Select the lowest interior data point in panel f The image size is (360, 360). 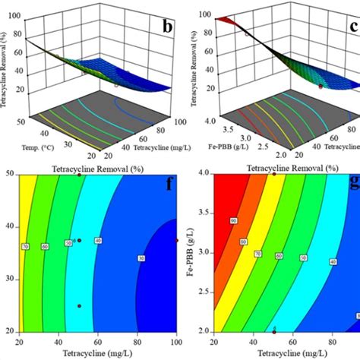pyautogui.click(x=78, y=306)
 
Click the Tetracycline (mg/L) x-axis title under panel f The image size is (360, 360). pyautogui.click(x=95, y=353)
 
